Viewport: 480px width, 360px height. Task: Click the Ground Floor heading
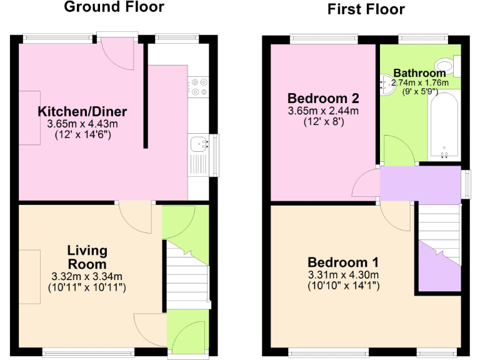tap(114, 7)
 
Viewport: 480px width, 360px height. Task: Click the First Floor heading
tap(366, 9)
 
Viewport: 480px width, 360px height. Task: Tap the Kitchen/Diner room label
tap(82, 112)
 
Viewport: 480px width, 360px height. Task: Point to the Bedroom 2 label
tap(322, 98)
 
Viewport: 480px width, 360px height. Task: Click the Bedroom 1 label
tap(342, 262)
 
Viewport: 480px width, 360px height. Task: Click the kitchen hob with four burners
tap(199, 86)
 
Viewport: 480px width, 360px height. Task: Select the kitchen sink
tap(200, 144)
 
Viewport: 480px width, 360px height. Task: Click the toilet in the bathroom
tap(447, 65)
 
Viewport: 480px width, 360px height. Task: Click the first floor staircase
tap(439, 234)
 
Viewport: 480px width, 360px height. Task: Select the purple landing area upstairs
tap(420, 183)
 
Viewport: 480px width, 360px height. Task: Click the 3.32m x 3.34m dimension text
tap(87, 277)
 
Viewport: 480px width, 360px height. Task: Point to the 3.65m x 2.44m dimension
tap(322, 111)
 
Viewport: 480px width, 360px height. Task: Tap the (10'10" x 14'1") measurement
tap(342, 286)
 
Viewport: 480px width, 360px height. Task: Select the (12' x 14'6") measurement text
tap(82, 134)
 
